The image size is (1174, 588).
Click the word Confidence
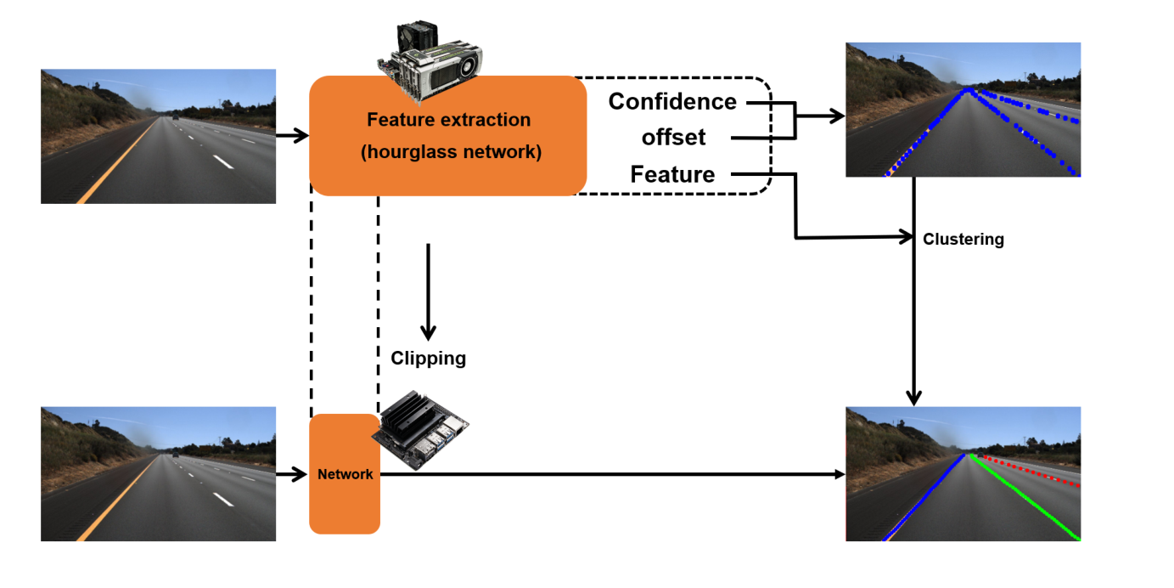click(672, 102)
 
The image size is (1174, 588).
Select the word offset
click(673, 138)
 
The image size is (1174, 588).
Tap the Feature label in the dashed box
click(672, 175)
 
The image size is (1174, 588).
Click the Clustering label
click(963, 240)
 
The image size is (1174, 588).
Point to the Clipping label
click(428, 359)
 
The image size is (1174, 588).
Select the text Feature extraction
click(448, 120)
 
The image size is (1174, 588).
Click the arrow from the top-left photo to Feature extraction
click(292, 135)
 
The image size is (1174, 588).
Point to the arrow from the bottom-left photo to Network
click(292, 474)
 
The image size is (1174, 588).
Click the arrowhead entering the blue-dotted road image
click(838, 116)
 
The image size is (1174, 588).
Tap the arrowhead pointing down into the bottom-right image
click(913, 397)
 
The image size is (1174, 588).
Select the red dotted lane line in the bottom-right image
click(1031, 471)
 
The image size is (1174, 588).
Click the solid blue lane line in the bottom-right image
click(925, 497)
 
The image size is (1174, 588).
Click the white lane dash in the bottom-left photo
click(223, 500)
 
